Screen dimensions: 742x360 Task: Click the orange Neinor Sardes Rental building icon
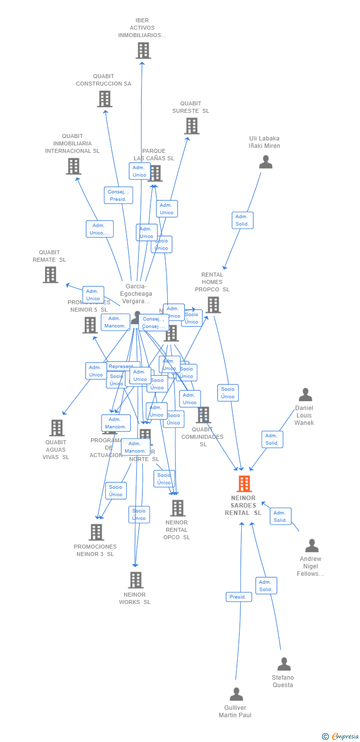tap(244, 484)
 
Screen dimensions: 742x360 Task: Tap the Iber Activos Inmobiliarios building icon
tap(143, 50)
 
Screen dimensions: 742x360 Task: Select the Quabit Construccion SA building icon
tap(104, 99)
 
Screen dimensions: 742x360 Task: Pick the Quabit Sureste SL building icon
tap(192, 126)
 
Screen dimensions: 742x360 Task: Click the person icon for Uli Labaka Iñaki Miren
tap(266, 162)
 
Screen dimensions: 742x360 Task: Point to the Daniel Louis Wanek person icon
tap(305, 395)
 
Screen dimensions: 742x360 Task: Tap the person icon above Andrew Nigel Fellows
tap(312, 546)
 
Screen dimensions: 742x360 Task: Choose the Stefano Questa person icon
tap(284, 664)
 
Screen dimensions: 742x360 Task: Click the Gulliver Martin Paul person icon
tap(236, 694)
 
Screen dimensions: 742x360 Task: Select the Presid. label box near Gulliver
tap(238, 597)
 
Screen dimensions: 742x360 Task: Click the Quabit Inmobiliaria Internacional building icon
tap(73, 166)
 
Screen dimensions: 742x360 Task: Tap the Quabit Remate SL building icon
tap(50, 275)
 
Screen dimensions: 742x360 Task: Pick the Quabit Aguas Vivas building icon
tap(57, 428)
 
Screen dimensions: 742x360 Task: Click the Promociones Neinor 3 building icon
tap(96, 532)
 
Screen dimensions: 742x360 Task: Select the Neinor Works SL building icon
tap(135, 580)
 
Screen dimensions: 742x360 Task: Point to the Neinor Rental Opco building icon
tap(177, 508)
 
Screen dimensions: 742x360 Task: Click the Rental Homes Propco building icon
tap(213, 305)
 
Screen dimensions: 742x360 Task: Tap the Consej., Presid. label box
tap(118, 195)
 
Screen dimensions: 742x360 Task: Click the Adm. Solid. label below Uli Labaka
tap(242, 220)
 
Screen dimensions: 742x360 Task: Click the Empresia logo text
tap(345, 737)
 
